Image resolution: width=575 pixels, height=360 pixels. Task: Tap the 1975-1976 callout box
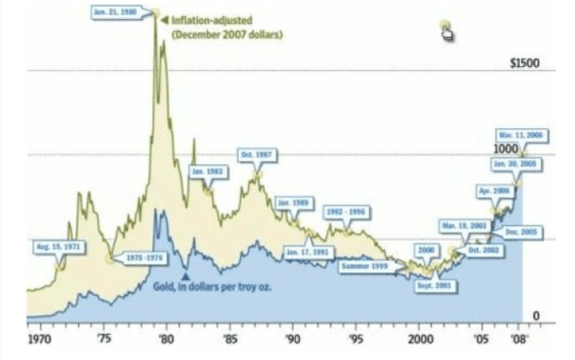139,258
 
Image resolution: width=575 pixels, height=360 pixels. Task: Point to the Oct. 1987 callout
257,155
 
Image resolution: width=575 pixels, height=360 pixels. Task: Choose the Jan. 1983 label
208,171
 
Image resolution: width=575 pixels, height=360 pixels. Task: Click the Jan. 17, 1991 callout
307,252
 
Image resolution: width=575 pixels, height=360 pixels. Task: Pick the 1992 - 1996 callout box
345,212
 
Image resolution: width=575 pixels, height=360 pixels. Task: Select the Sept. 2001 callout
437,285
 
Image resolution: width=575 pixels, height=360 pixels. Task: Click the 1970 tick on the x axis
39,340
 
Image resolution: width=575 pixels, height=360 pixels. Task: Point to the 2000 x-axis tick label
422,340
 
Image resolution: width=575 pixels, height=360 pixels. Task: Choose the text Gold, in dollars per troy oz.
213,286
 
